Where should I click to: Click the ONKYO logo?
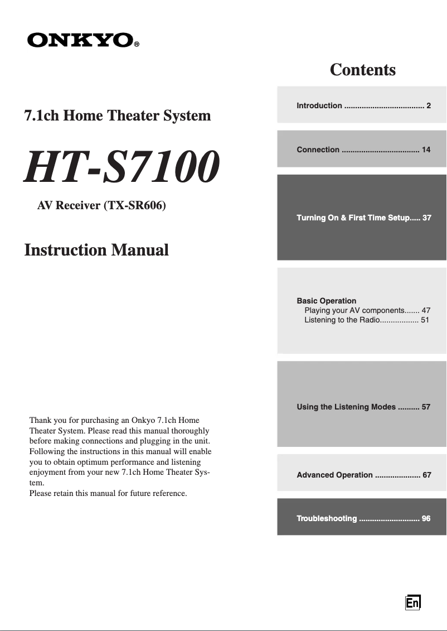(x=80, y=40)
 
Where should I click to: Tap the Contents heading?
(x=362, y=70)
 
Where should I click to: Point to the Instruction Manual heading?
(x=96, y=250)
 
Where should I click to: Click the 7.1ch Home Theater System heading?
(x=117, y=116)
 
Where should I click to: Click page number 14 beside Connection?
(x=426, y=150)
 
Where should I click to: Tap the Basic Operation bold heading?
(x=326, y=301)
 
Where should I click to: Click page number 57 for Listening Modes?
(x=426, y=407)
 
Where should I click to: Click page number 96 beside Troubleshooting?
(x=426, y=518)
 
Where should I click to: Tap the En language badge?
(x=412, y=603)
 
